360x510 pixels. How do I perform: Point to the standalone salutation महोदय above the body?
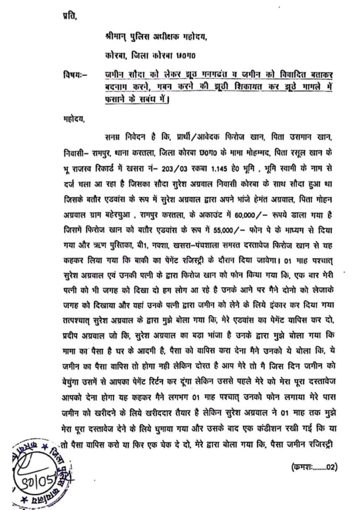point(68,120)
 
